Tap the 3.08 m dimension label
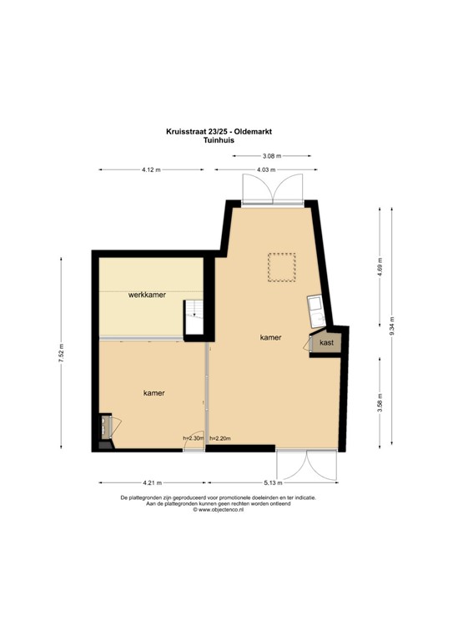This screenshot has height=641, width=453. point(272,156)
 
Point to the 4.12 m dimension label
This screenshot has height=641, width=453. point(151,169)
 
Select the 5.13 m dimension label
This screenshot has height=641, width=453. point(274,483)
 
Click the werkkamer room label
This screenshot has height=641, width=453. point(146,295)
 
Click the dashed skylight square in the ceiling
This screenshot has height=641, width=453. point(281,268)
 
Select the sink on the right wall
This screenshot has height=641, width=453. point(317,312)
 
